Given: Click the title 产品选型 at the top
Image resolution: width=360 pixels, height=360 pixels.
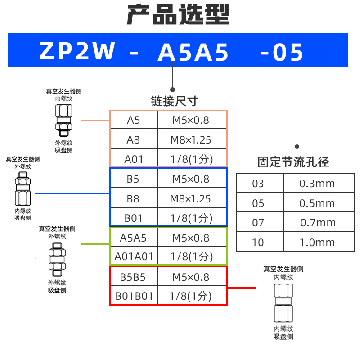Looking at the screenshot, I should pos(178,15).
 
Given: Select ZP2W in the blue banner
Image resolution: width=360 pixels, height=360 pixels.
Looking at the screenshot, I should pos(77,52).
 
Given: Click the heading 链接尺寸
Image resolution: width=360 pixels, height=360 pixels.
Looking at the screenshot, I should pos(174,101).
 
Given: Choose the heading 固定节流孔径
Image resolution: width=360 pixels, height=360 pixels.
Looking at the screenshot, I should pos(293,162).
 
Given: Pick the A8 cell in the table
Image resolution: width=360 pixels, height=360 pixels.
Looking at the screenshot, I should pos(133,140).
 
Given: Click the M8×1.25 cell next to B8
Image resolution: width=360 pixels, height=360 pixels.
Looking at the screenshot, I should pos(191,199).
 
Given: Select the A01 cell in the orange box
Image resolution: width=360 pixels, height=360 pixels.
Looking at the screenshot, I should pos(133,159).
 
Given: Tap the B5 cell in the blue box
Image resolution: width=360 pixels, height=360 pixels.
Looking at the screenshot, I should pos(133,179).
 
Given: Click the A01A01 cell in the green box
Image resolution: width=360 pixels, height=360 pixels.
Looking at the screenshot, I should pos(134,256).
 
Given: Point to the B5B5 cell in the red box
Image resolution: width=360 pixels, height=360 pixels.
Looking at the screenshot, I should pos(133,277).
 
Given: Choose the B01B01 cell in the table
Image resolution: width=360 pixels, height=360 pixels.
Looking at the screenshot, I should pos(134,297).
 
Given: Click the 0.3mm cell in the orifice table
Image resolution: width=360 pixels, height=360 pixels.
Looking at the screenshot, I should pos(317,184).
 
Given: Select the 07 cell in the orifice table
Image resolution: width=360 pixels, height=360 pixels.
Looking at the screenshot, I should pos(258,223).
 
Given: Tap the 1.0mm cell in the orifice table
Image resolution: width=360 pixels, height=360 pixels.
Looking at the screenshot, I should pos(317,243).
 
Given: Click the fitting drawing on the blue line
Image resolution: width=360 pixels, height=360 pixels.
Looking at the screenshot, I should pos(22,192).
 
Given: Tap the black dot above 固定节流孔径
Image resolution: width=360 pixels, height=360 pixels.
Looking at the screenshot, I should pos(297,147).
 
